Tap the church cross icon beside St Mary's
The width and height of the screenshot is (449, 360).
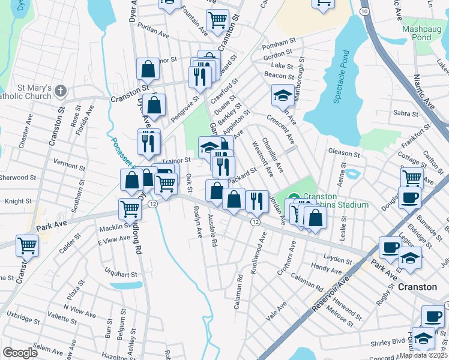point(59,91)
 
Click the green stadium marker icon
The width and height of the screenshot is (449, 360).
point(294,196)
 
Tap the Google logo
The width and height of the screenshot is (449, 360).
point(20,353)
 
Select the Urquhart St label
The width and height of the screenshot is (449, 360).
point(121,273)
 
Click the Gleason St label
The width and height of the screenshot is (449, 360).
point(343,154)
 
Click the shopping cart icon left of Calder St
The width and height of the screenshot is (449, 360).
point(27,245)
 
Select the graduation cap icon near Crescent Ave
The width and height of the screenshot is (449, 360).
point(282,94)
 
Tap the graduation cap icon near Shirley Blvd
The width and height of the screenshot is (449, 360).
point(423,338)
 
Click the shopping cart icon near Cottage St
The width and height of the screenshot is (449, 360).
point(412,177)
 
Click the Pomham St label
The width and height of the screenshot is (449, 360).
point(280,45)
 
